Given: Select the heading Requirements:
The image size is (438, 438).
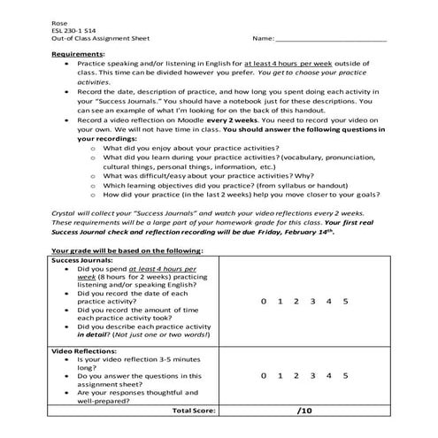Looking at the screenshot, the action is [78, 54].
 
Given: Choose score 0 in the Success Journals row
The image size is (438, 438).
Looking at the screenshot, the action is [262, 302].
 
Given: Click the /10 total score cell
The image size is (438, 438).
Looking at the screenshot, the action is [304, 411].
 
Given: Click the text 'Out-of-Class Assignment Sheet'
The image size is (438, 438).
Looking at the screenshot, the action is [101, 39].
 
